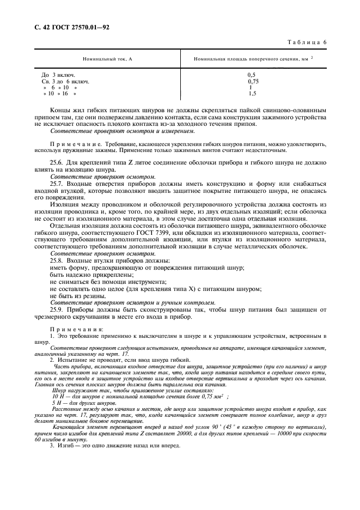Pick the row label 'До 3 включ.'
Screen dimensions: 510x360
click(59, 74)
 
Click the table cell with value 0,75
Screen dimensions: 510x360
click(253, 81)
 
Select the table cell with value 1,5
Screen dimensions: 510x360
click(252, 94)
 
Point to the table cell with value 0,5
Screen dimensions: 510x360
click(251, 74)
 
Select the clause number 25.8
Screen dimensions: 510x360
click(57, 260)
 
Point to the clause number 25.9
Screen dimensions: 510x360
click(57, 308)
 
